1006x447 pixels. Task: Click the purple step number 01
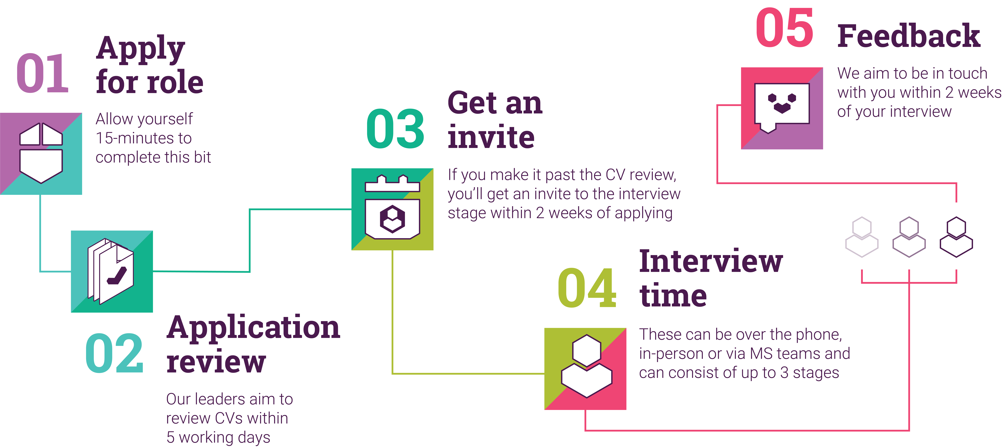pos(43,73)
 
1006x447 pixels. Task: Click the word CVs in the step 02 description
pos(229,418)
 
